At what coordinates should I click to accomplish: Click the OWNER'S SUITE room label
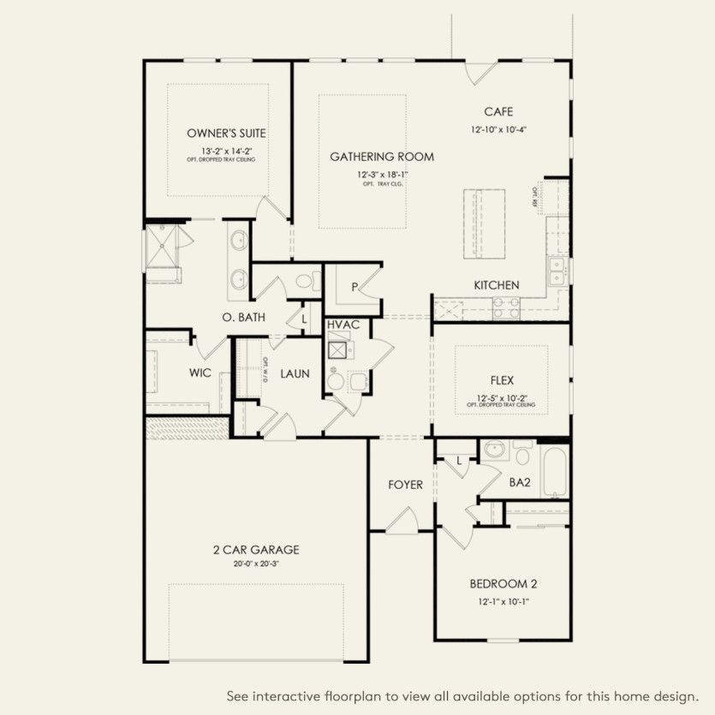[226, 134]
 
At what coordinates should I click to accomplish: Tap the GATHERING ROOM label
[382, 157]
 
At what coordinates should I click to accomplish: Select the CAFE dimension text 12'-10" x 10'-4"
[498, 130]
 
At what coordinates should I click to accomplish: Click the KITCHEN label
[497, 285]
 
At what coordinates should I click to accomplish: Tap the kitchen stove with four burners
[506, 307]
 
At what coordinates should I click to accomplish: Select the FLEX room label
[502, 380]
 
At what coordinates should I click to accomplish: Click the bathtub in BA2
[556, 472]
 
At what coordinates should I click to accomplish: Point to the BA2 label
[520, 483]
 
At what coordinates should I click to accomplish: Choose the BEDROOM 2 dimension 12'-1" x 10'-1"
[503, 602]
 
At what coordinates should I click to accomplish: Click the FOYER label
[405, 485]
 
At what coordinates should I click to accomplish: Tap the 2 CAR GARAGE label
[256, 550]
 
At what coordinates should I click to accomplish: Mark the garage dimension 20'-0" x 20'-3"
[256, 563]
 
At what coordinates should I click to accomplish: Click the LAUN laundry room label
[295, 373]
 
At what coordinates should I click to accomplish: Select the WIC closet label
[200, 373]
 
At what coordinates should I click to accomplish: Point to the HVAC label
[343, 325]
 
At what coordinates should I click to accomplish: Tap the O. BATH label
[243, 318]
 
